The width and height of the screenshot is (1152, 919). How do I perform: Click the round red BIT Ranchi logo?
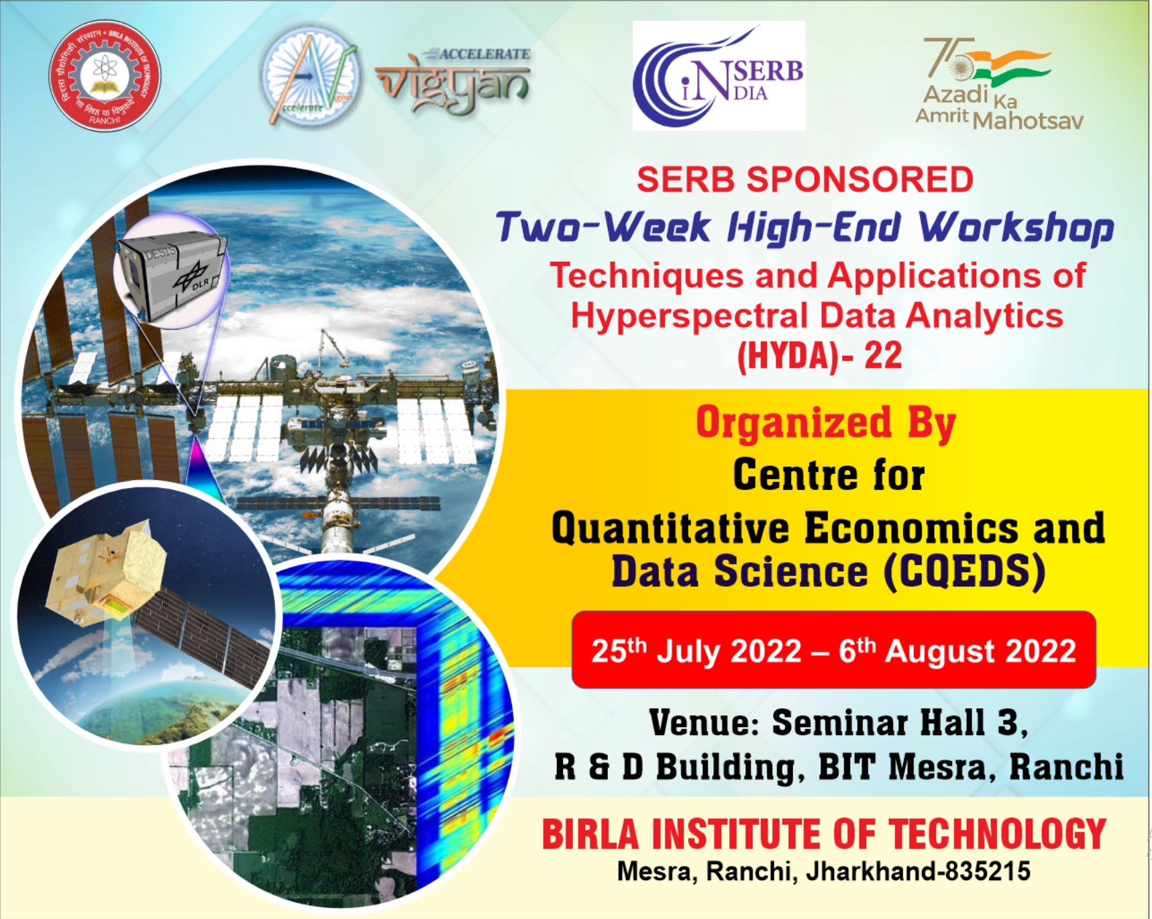point(105,75)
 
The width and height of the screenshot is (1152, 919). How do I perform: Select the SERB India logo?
point(719,76)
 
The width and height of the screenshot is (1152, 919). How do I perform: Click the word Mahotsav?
point(1028,121)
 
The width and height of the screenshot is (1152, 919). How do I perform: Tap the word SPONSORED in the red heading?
point(859,180)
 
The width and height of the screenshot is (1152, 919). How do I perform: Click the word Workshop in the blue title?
point(1016,227)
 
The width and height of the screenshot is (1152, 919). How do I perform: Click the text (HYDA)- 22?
point(819,355)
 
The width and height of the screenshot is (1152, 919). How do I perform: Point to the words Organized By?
point(825,424)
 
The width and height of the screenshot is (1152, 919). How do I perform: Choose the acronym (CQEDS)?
point(964,572)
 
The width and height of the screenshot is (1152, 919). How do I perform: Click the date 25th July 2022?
point(696,651)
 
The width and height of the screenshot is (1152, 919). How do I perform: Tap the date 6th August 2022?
point(957,651)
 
